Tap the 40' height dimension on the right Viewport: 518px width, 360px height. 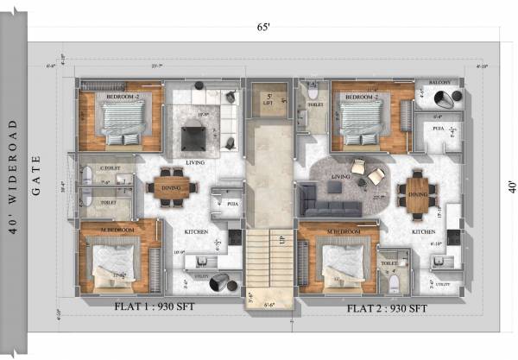coord(510,185)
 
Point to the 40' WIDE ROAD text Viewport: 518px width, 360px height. coord(12,186)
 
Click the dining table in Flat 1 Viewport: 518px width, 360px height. coord(170,187)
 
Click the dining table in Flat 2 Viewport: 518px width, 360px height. coord(418,193)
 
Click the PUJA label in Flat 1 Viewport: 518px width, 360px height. coord(231,204)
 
